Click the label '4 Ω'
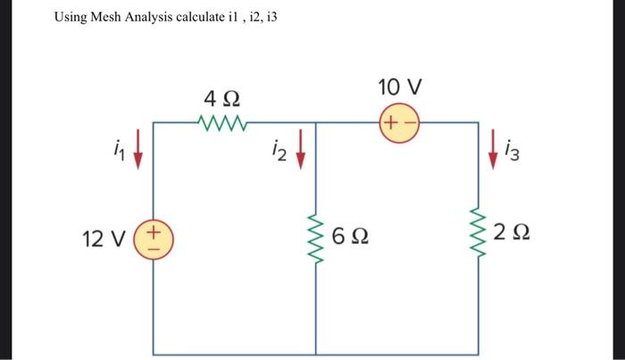[x=221, y=96]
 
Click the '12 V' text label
[x=104, y=239]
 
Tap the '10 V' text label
[x=399, y=88]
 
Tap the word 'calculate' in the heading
[x=196, y=17]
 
